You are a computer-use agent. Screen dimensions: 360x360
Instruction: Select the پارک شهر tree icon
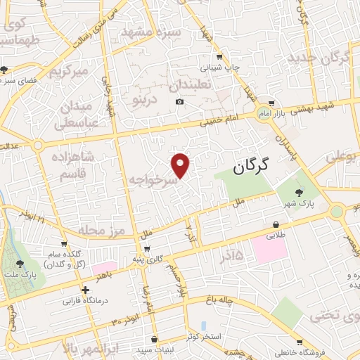pos(300,193)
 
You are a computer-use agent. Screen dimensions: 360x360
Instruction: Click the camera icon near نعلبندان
pos(179,102)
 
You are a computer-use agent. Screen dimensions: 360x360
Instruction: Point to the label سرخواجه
pos(150,181)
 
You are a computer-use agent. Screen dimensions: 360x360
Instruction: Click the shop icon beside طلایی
pos(276,226)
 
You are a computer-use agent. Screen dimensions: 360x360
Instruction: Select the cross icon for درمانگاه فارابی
pos(85,289)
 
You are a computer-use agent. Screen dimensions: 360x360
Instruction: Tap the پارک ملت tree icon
pos(18,264)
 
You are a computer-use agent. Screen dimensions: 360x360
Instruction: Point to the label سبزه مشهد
pos(152,32)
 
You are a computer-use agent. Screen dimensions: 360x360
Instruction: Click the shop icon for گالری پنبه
pos(147,247)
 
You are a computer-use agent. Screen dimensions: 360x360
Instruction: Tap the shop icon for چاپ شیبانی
pos(221,57)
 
